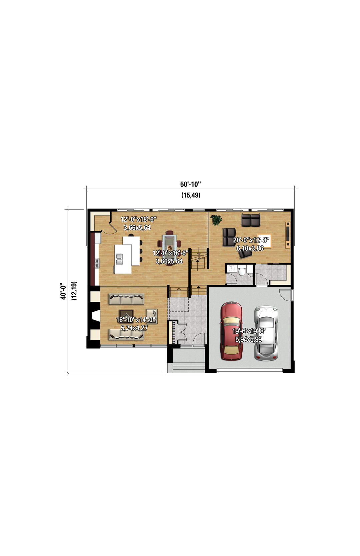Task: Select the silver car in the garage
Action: [x=266, y=333]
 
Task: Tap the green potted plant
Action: [x=216, y=220]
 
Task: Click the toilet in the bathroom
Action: [x=241, y=271]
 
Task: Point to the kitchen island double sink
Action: [x=119, y=259]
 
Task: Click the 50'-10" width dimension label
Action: [x=190, y=184]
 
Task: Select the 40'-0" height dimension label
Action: [x=63, y=290]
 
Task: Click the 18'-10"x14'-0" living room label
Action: [x=136, y=320]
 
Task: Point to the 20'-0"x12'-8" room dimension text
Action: [x=251, y=240]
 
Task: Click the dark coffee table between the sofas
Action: [x=126, y=315]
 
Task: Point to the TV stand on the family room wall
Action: [x=288, y=235]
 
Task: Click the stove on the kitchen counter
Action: [x=97, y=263]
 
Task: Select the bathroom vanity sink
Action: [x=231, y=269]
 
